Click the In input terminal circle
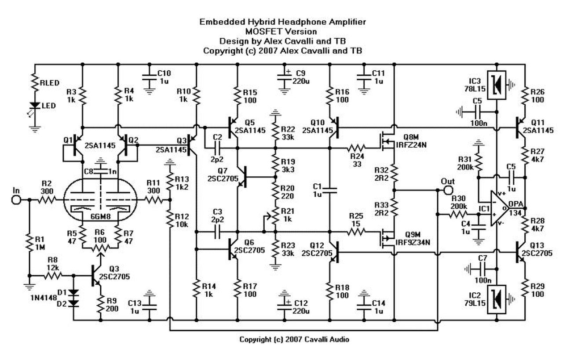pyautogui.click(x=16, y=200)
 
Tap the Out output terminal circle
pyautogui.click(x=448, y=190)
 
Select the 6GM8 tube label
pyautogui.click(x=100, y=217)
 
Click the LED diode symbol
pyautogui.click(x=34, y=106)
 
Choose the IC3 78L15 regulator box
pyautogui.click(x=497, y=85)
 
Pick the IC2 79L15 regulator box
pyautogui.click(x=497, y=299)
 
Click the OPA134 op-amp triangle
pyautogui.click(x=499, y=208)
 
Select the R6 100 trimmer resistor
pyautogui.click(x=100, y=248)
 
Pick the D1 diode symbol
pyautogui.click(x=73, y=292)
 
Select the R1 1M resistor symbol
pyautogui.click(x=29, y=243)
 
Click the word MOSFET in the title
pyautogui.click(x=261, y=32)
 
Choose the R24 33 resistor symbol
pyautogui.click(x=356, y=148)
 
